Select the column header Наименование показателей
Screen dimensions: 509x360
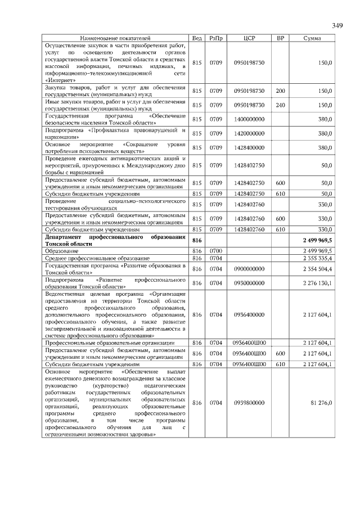click(x=116, y=38)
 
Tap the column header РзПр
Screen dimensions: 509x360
click(x=215, y=38)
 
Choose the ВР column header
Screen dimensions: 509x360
click(x=280, y=38)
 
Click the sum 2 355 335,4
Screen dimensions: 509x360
click(x=317, y=258)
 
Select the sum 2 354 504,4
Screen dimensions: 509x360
click(x=317, y=269)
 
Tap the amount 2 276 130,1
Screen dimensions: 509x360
click(x=317, y=283)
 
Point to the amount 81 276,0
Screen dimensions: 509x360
click(x=321, y=403)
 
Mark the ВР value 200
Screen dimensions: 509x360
click(x=280, y=91)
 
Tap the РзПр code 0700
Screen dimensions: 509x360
click(x=215, y=251)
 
